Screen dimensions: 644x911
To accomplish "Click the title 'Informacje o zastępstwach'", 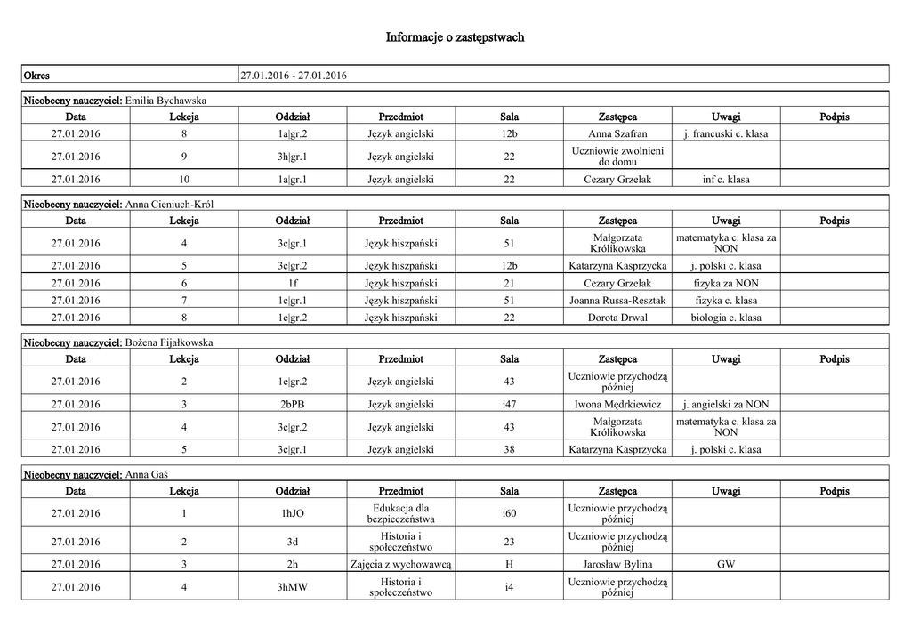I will (x=455, y=37).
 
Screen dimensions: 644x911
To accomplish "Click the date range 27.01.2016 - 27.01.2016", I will (x=294, y=75).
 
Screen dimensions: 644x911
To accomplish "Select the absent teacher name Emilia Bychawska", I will (x=166, y=100).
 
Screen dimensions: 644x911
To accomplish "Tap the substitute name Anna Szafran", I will (x=617, y=133).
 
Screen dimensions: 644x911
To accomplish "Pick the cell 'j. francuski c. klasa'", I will (x=726, y=133).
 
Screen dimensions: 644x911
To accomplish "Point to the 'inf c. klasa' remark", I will (x=726, y=180).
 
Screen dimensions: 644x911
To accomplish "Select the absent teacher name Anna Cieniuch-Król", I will (x=170, y=204).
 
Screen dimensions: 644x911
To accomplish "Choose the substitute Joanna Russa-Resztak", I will (x=617, y=301).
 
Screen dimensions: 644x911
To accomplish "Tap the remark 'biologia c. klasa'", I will (x=726, y=318).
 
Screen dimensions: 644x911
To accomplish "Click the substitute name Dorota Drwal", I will (x=617, y=318).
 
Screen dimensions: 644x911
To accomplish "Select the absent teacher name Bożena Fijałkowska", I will (x=169, y=342).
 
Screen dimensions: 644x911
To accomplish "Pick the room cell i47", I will (x=509, y=405).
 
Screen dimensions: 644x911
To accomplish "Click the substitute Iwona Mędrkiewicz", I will (x=617, y=405).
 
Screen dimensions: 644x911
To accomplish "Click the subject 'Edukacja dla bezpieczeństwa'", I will (x=400, y=513).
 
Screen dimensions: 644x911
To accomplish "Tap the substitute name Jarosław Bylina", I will (x=617, y=564).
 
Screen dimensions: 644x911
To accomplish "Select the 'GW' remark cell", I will (x=726, y=564).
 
